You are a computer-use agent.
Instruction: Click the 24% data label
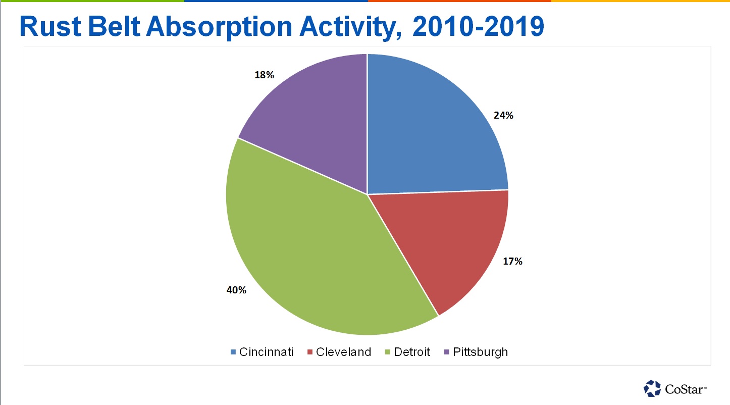503,116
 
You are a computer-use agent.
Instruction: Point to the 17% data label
512,262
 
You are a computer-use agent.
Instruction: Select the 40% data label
236,290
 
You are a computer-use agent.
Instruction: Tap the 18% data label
264,75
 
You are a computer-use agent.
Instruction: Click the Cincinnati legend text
266,352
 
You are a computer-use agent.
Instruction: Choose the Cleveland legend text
343,352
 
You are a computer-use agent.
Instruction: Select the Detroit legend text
412,352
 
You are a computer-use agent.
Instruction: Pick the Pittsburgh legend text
480,352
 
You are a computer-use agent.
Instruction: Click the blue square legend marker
233,352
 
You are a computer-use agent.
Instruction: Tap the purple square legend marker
446,352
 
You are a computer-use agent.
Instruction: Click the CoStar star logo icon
652,388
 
